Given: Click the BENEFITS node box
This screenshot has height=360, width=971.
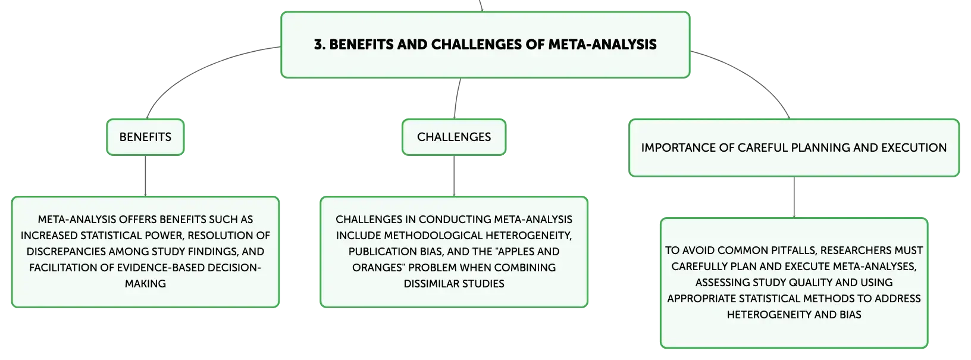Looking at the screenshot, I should pyautogui.click(x=145, y=137).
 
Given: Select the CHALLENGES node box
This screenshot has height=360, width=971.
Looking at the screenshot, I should pyautogui.click(x=454, y=137).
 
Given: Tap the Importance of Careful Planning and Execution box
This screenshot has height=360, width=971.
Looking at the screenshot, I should pyautogui.click(x=794, y=148).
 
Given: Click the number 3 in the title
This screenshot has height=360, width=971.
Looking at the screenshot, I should pyautogui.click(x=318, y=45).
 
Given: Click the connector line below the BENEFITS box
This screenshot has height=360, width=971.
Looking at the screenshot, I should pyautogui.click(x=145, y=176).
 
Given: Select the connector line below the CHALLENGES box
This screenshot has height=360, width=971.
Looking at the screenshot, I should pyautogui.click(x=455, y=176).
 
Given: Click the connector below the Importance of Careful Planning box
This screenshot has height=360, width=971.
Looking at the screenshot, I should pyautogui.click(x=793, y=198).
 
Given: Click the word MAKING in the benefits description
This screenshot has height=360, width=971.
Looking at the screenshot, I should pyautogui.click(x=145, y=284).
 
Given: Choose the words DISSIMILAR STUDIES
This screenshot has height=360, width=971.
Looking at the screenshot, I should pyautogui.click(x=454, y=284).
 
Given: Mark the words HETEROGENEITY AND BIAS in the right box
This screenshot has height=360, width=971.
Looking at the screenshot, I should pyautogui.click(x=794, y=314).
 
